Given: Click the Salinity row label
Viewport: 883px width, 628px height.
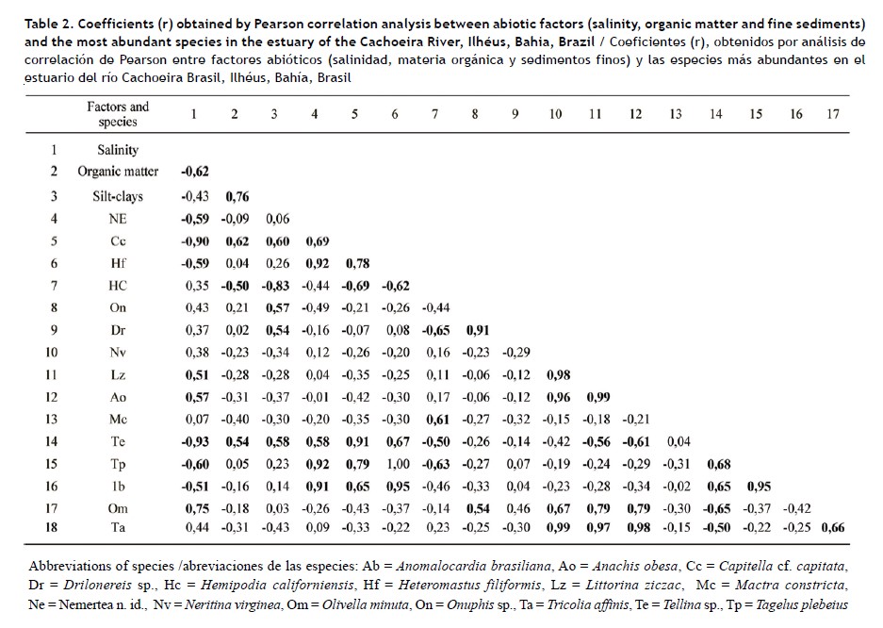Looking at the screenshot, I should [x=118, y=149].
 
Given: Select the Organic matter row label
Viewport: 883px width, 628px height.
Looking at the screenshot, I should [x=118, y=171].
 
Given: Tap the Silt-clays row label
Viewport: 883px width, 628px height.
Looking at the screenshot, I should [x=118, y=196].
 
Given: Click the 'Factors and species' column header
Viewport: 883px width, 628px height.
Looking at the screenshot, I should [x=118, y=114].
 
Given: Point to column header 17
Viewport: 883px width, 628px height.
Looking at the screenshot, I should [x=833, y=114].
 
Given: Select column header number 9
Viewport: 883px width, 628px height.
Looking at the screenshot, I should [x=515, y=114].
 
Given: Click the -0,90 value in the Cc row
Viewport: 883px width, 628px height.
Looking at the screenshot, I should [x=193, y=240].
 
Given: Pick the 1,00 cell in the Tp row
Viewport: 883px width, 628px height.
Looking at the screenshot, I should [x=395, y=464].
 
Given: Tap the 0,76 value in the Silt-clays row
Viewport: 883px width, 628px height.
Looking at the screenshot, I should [x=236, y=196].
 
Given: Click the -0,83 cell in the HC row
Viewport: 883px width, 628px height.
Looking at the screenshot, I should [x=274, y=285].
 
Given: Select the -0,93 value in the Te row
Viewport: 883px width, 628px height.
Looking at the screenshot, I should [x=193, y=441].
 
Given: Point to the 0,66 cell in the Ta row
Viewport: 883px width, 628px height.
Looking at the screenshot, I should [x=833, y=527].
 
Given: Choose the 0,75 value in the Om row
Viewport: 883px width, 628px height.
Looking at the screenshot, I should [x=194, y=508].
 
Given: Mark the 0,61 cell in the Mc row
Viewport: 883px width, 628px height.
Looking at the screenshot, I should [x=434, y=419].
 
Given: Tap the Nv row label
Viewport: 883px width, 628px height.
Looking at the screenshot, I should [x=118, y=352].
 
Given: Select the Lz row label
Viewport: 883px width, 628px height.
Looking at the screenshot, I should [x=118, y=374].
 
